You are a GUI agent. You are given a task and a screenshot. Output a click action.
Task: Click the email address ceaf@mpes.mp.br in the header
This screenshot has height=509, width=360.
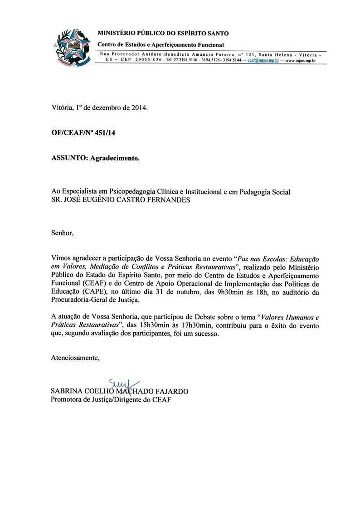pyautogui.click(x=263, y=60)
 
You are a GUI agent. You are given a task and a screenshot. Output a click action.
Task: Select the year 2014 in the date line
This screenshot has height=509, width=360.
pyautogui.click(x=139, y=108)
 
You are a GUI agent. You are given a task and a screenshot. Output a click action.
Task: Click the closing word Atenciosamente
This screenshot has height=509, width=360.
pyautogui.click(x=75, y=358)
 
